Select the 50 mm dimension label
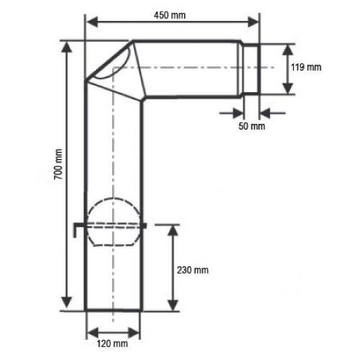251,127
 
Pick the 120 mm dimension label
113,346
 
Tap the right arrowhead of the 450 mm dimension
256,24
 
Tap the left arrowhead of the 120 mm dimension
89,333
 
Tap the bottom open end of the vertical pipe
114,311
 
